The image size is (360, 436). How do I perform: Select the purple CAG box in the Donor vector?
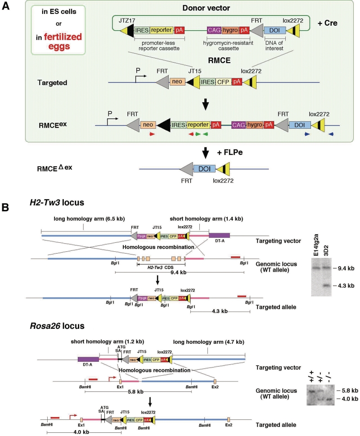pos(214,31)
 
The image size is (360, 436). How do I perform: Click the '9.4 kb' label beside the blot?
pos(345,268)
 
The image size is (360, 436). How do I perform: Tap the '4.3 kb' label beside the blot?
pos(345,286)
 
